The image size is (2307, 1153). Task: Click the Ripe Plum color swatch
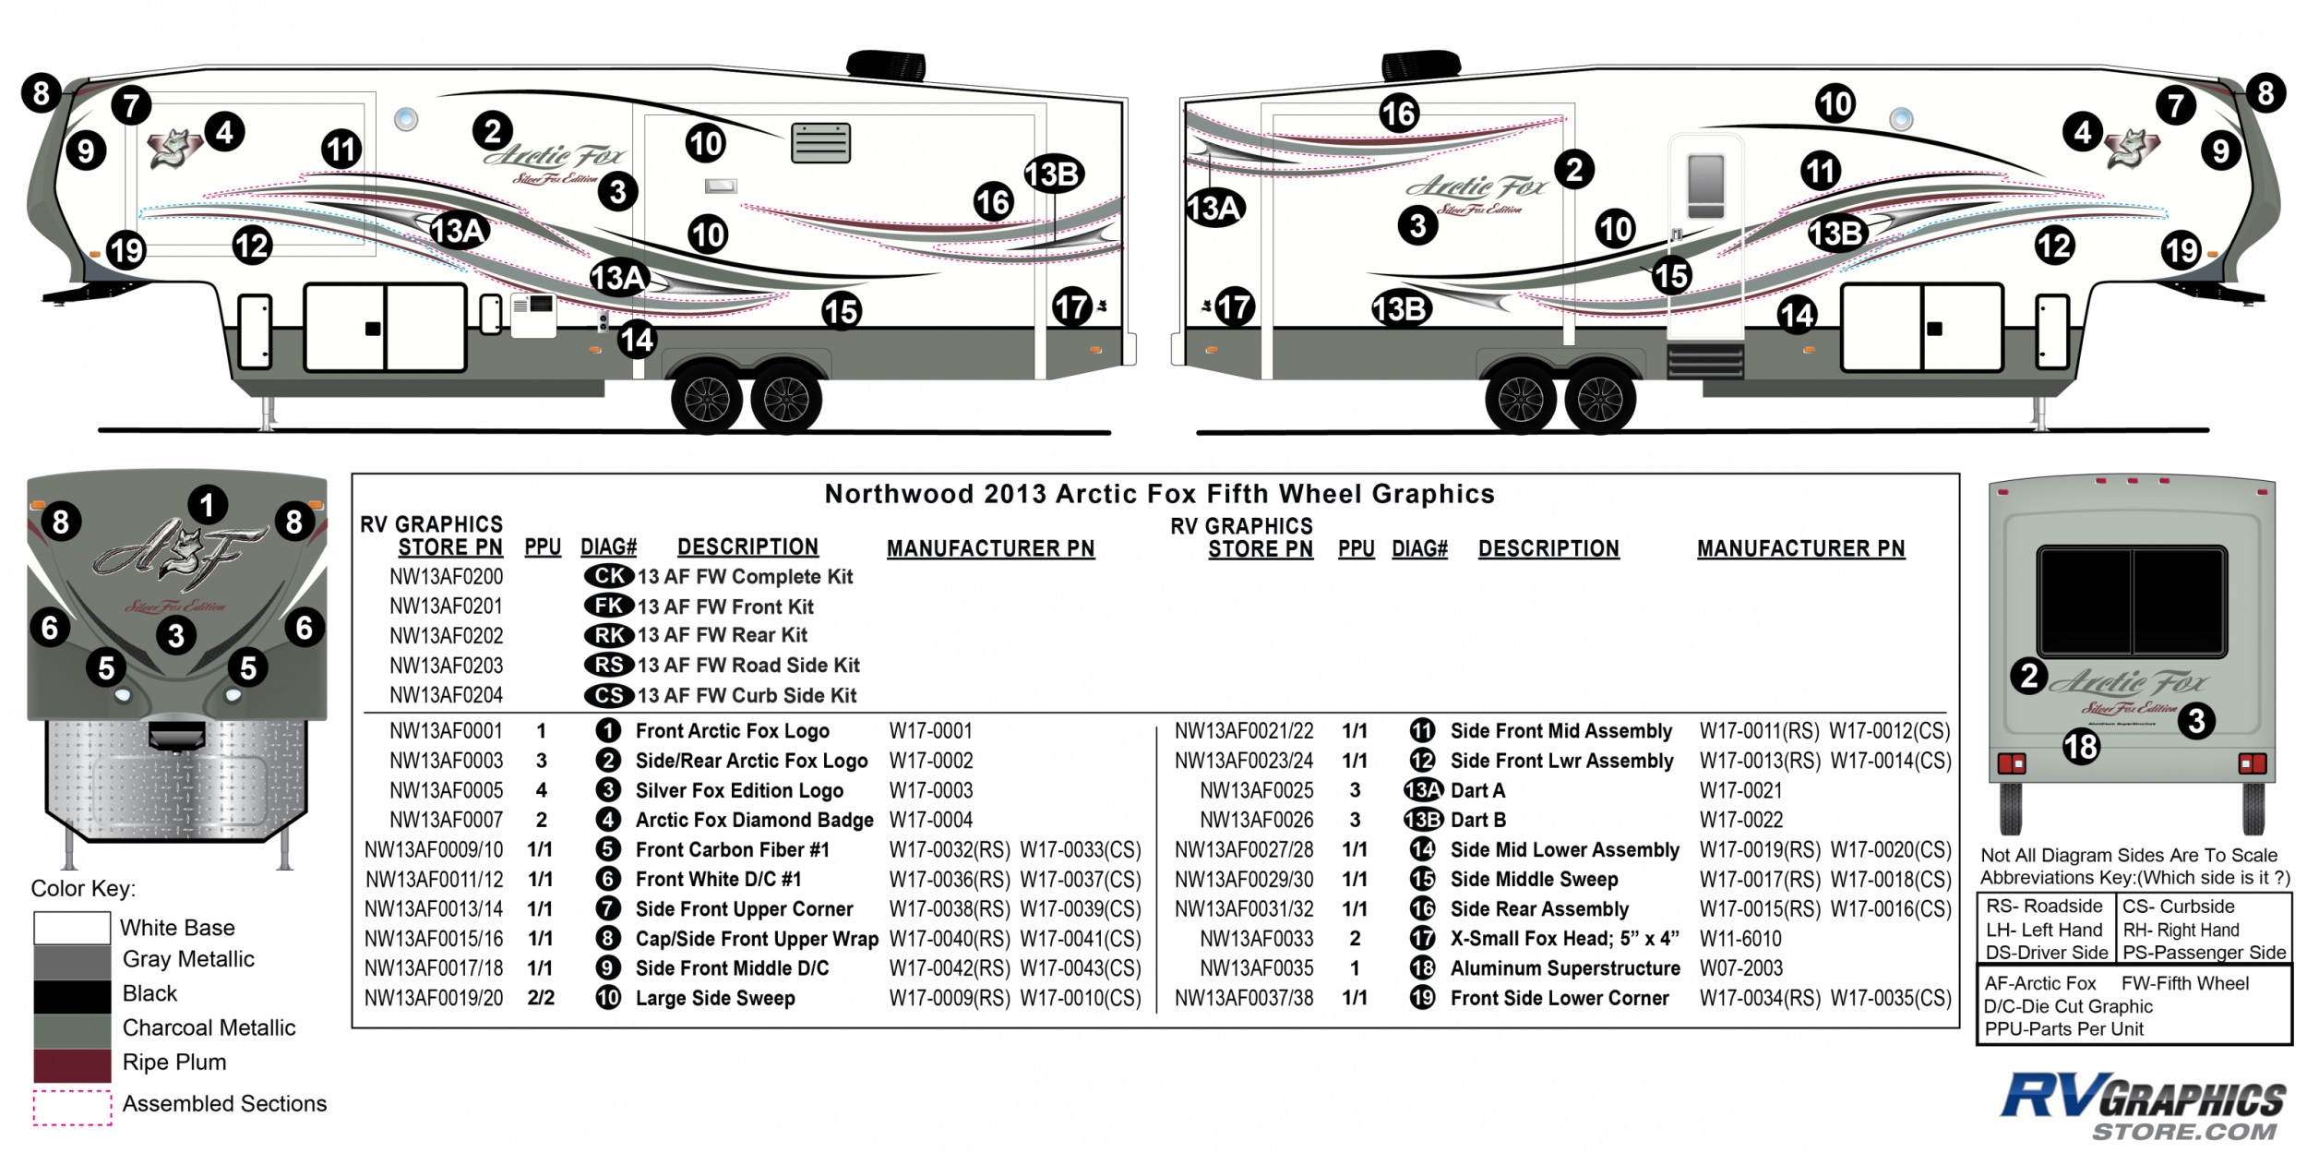click(72, 1064)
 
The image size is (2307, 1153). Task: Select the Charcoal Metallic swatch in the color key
click(72, 1030)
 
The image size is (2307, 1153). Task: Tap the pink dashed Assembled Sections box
click(72, 1107)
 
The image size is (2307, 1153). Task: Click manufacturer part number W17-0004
click(930, 820)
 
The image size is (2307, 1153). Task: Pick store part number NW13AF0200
click(446, 577)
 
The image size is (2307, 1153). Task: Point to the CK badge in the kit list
click(609, 576)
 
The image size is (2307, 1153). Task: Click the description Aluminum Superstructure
click(1564, 968)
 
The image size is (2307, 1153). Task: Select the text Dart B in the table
click(1477, 820)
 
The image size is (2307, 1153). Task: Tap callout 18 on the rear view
click(2081, 746)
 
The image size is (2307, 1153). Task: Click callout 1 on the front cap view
click(208, 505)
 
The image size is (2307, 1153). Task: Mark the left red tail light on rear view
click(2011, 763)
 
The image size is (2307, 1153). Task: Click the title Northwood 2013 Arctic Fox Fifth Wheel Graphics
click(1159, 494)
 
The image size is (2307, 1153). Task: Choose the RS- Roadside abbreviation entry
click(2043, 907)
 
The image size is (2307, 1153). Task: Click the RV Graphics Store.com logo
click(2143, 1106)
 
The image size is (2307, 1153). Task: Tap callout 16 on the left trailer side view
click(993, 201)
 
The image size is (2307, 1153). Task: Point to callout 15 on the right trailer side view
click(1670, 275)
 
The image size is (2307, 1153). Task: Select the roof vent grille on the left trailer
click(820, 143)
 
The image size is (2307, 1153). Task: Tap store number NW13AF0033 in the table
click(1256, 939)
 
